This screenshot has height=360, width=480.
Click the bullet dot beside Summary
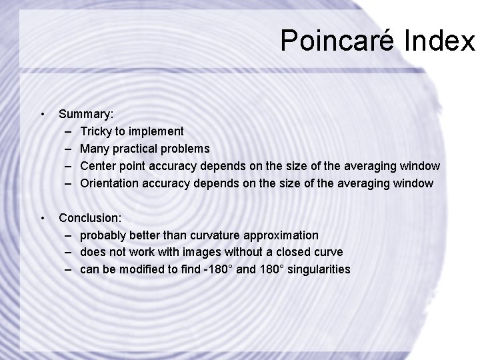tap(43, 114)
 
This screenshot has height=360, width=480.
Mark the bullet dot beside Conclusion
tap(43, 218)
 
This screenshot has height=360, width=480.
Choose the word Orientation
tap(109, 183)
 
